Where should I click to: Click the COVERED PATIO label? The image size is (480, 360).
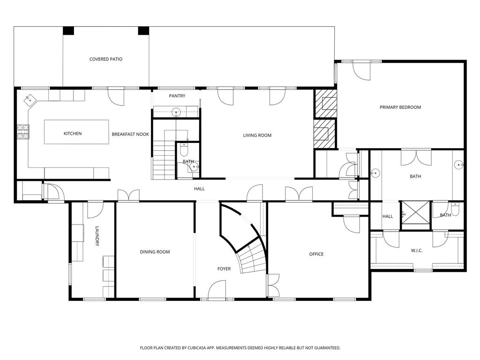tap(106, 59)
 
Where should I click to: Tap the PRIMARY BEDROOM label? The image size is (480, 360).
tap(400, 107)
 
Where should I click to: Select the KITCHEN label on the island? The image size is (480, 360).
tap(73, 134)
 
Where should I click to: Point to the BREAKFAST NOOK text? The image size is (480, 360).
tap(130, 134)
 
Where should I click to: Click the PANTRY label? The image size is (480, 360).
tap(177, 96)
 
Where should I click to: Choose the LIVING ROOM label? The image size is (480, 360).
tap(257, 135)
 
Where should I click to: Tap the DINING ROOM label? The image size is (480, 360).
tap(155, 252)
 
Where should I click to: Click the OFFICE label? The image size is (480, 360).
tap(316, 254)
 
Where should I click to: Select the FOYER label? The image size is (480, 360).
tap(224, 269)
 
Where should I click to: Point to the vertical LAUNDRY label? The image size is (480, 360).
tap(97, 236)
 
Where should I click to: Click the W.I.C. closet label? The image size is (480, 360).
tap(417, 251)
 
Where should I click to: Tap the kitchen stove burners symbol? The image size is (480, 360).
tap(22, 132)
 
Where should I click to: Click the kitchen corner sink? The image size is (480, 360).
tap(30, 99)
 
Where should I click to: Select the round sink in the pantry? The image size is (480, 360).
tap(176, 112)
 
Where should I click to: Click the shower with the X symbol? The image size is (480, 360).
tap(415, 213)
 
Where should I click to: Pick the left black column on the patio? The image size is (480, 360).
tap(68, 30)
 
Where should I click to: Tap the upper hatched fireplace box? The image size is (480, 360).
tap(325, 103)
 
